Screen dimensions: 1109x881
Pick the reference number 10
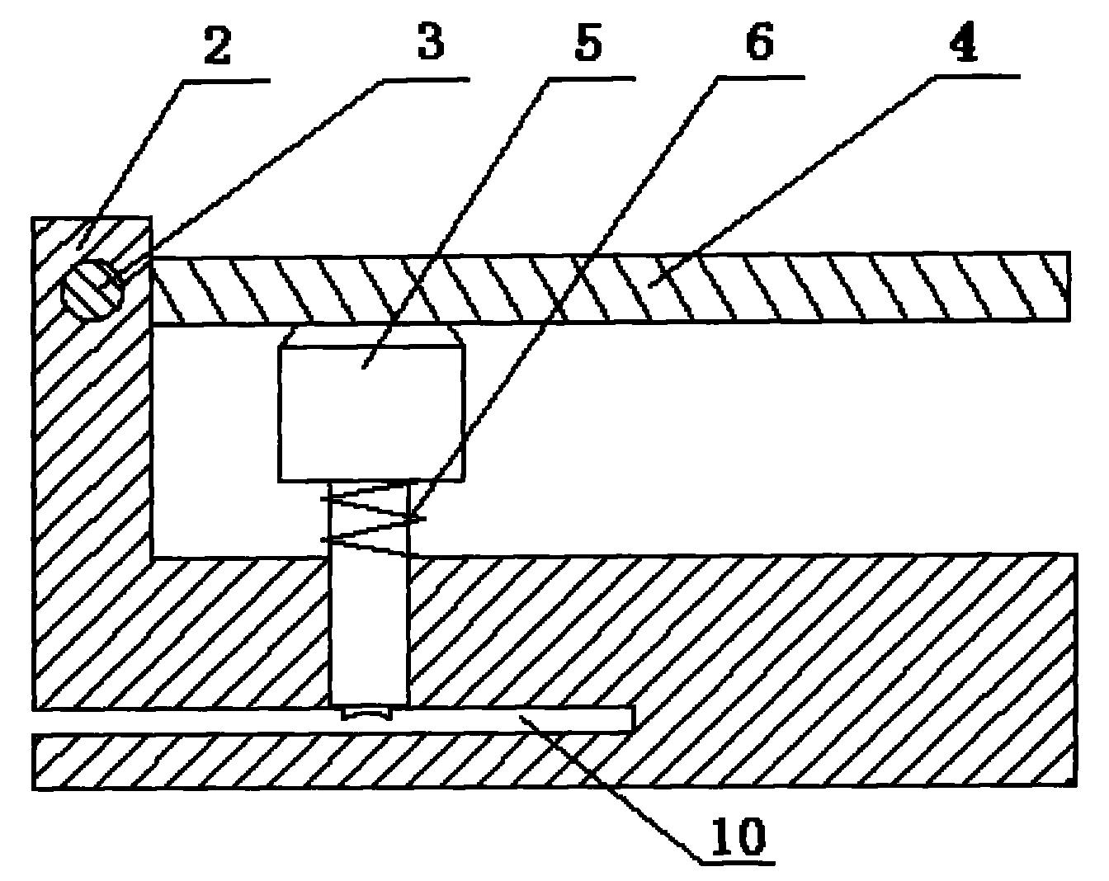tap(740, 836)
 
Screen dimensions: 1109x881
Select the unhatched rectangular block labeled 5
tap(371, 412)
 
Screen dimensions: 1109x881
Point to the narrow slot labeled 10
tap(495, 720)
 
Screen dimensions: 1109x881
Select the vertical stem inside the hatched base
tap(368, 627)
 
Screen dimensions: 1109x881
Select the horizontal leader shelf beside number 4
tap(974, 77)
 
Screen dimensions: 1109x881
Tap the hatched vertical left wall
tap(91, 462)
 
